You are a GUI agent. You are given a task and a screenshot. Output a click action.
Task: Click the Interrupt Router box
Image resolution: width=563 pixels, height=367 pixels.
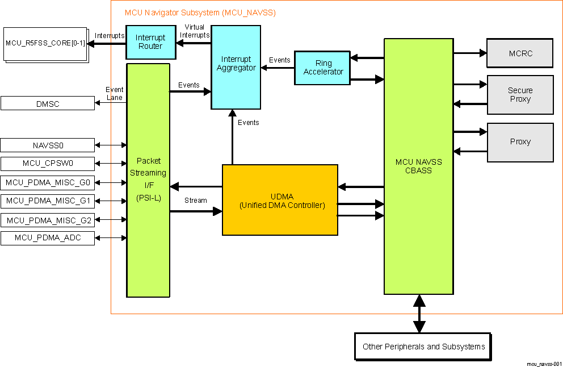[x=150, y=42]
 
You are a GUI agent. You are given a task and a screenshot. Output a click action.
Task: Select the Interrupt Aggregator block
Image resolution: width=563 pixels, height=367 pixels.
[x=236, y=67]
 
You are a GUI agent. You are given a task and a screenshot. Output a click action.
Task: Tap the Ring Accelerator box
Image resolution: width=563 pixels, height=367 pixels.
[x=322, y=68]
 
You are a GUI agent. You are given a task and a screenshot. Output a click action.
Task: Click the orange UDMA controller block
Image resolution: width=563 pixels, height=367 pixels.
[x=280, y=200]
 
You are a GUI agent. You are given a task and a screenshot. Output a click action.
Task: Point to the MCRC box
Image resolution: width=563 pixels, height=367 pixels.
[x=520, y=53]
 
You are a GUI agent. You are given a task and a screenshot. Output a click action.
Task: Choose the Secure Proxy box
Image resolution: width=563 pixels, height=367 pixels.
[x=520, y=95]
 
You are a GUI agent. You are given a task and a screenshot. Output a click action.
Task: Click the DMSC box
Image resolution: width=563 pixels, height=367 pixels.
[x=48, y=103]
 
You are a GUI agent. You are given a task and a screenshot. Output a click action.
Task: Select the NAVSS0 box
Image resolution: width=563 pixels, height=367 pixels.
[x=48, y=145]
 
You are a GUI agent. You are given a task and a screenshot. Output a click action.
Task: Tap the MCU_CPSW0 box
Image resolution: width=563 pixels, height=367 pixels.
[x=48, y=164]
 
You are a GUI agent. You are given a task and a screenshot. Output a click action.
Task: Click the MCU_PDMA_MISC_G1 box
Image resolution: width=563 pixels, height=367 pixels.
[x=48, y=201]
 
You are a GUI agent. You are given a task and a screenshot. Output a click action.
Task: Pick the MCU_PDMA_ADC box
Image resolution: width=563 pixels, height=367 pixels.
[x=48, y=238]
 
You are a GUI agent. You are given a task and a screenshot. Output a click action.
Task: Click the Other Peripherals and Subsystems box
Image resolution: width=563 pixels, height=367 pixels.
[x=423, y=346]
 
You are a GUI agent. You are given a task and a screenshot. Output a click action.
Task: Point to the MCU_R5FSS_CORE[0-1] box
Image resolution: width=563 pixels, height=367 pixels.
[x=45, y=43]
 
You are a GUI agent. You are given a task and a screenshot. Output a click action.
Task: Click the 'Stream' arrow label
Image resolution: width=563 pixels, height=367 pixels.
[x=195, y=201]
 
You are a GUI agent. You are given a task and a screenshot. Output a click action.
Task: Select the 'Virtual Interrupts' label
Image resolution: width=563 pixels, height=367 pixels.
[x=194, y=31]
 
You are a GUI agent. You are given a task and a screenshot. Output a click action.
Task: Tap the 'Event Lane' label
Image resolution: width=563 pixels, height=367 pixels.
[x=115, y=94]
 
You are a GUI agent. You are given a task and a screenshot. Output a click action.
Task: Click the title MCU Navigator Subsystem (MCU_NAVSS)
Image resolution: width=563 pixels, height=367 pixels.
[x=200, y=12]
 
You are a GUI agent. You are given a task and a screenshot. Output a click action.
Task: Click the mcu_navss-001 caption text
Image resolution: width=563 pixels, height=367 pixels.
[x=544, y=363]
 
